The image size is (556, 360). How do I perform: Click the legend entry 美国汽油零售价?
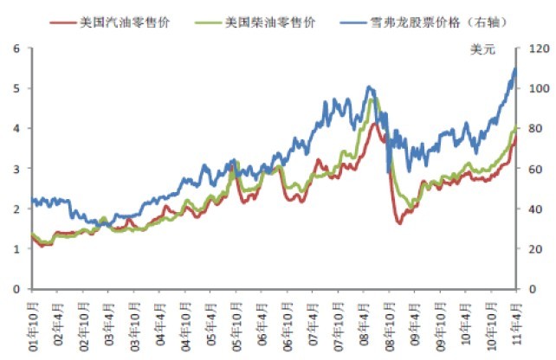point(130,20)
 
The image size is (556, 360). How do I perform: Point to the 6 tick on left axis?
point(16,48)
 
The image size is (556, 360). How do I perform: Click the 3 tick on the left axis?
point(16,169)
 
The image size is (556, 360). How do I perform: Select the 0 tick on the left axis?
point(16,289)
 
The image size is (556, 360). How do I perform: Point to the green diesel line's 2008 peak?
point(373,100)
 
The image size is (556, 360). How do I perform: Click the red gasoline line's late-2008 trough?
point(400,223)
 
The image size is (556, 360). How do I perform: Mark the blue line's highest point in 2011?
point(515,68)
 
